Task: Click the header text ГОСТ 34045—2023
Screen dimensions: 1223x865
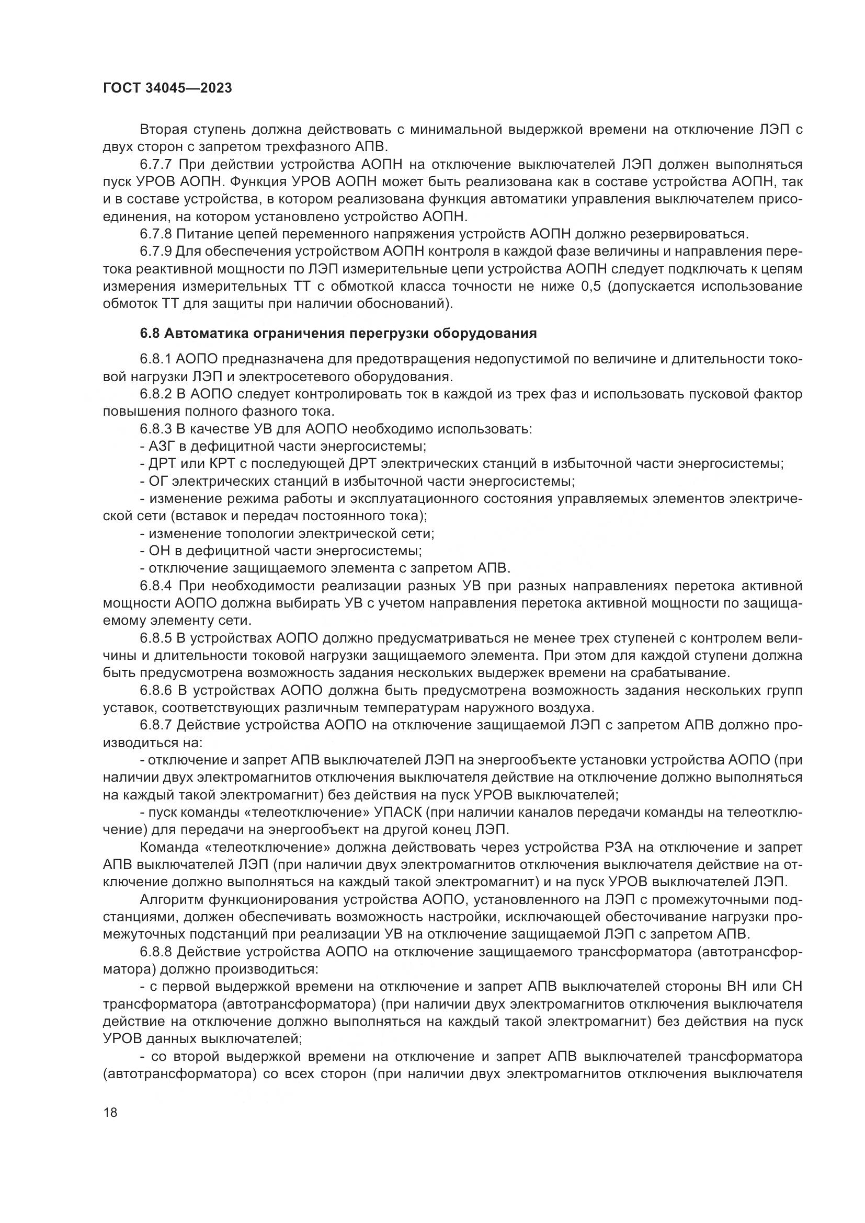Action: point(167,88)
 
